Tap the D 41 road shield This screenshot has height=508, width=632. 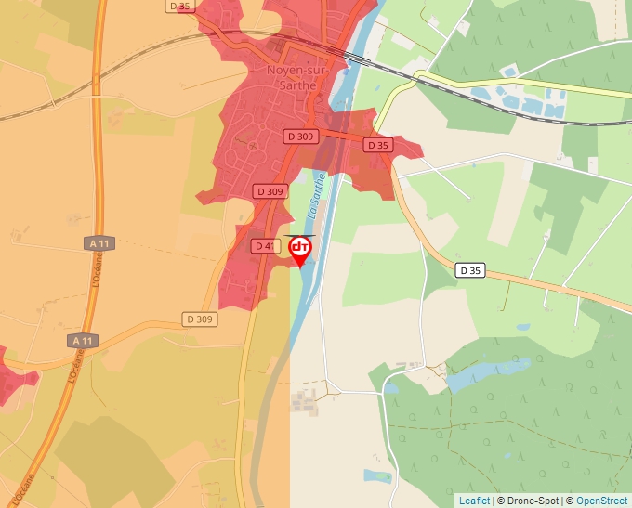pos(264,246)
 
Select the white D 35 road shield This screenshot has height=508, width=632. pos(471,271)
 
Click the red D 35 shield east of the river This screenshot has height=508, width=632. pos(377,145)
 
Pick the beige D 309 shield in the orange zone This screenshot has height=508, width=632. pos(199,319)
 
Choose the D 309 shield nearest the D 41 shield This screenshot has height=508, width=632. pos(270,191)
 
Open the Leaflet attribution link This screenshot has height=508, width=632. pos(474,501)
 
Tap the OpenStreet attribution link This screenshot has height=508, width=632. pos(601,501)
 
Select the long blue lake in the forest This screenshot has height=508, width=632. pos(475,373)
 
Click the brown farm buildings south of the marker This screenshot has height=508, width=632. pos(304,400)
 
